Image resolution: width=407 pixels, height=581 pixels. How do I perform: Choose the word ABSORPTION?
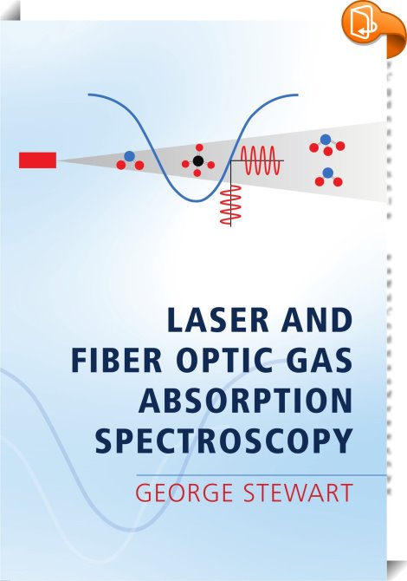coord(245,401)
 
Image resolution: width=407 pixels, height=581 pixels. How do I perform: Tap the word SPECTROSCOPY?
coord(223,441)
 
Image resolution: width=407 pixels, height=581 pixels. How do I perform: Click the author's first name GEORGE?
coord(184,493)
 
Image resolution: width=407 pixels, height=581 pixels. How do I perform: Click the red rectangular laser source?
coord(38,160)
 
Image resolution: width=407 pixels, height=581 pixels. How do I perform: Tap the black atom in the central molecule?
coord(198,160)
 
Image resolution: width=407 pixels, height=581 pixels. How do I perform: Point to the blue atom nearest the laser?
coord(129,156)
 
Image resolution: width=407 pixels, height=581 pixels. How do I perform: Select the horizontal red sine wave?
coord(260,160)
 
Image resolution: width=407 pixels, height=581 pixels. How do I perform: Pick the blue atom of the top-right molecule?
coord(326,140)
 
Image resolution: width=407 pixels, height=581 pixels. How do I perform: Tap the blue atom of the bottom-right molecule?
coord(328,173)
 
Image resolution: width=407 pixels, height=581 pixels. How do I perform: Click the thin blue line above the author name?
coord(262,475)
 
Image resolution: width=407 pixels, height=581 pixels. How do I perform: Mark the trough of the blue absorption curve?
coord(198,201)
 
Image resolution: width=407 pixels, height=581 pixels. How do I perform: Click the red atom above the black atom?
coord(199,147)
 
